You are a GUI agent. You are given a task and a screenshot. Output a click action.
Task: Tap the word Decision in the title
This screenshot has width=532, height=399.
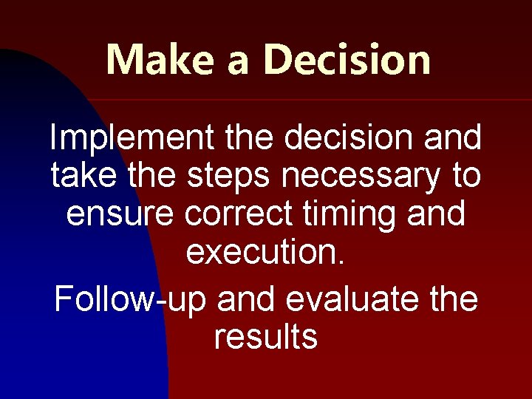(347, 59)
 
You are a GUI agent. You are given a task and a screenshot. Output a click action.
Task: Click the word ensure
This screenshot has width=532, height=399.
(120, 214)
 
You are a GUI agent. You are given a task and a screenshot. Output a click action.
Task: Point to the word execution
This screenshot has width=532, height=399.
(262, 253)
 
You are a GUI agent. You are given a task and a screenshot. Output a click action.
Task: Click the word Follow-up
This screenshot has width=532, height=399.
(132, 300)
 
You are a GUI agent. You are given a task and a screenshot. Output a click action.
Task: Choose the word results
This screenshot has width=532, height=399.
(266, 337)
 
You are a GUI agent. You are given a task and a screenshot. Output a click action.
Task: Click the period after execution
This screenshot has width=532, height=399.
(341, 262)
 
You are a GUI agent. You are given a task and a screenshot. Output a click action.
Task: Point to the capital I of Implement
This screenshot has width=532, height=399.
(53, 138)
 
